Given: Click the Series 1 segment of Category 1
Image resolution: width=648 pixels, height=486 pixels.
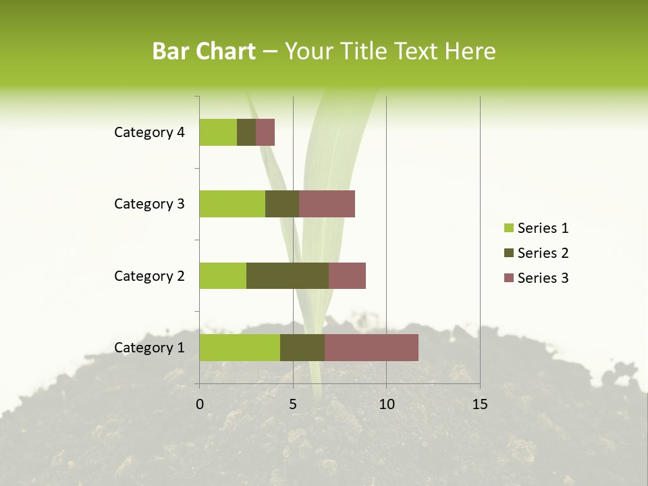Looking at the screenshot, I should click(240, 347).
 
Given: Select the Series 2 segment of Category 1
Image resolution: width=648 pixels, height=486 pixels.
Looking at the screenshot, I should click(302, 347).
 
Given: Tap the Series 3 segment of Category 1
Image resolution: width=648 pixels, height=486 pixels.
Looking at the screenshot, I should click(371, 347).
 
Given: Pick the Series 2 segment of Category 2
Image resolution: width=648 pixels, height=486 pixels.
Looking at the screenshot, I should click(288, 275).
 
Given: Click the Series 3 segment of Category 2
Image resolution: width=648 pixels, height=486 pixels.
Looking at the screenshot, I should click(347, 275).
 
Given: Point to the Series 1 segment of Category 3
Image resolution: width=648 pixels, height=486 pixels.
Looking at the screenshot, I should click(232, 204).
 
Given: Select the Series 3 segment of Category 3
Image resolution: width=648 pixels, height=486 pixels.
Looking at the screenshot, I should click(327, 204).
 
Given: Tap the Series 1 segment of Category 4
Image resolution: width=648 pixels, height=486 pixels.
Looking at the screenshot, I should click(218, 132).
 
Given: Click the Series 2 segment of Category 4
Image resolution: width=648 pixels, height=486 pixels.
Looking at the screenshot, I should click(246, 132).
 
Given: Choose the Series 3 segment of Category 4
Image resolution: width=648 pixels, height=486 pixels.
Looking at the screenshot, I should click(265, 132).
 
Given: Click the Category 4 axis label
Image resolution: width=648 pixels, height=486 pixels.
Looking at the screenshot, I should click(149, 132).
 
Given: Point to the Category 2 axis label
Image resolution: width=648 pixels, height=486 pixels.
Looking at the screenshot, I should click(149, 275).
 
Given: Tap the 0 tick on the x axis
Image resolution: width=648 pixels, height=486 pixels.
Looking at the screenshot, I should click(200, 404).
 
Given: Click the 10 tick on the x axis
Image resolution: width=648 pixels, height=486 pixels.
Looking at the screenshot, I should click(386, 404).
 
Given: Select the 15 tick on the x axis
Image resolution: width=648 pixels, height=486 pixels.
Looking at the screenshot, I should click(479, 404).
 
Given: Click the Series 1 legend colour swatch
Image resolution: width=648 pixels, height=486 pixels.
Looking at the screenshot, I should click(508, 228).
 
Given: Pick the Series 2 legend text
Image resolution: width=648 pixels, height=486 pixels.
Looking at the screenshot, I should click(543, 253).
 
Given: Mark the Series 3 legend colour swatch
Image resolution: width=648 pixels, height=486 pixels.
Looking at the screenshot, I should click(508, 278).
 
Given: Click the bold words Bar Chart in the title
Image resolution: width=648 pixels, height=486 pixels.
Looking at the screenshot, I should click(204, 51).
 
